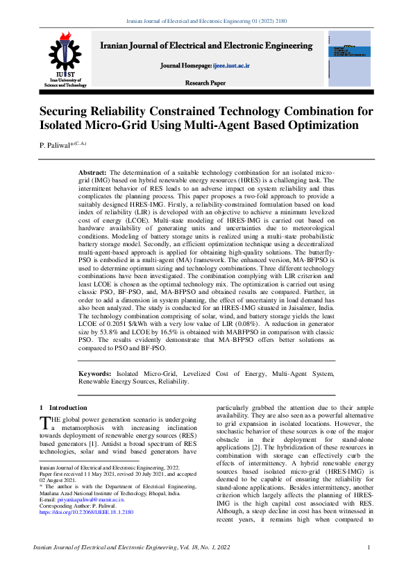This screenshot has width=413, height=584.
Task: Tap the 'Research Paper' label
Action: (x=205, y=83)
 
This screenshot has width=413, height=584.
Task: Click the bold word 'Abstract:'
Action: (x=92, y=171)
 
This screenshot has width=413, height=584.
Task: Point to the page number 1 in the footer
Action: (x=369, y=549)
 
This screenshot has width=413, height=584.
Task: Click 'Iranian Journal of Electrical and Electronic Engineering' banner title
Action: (x=206, y=46)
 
